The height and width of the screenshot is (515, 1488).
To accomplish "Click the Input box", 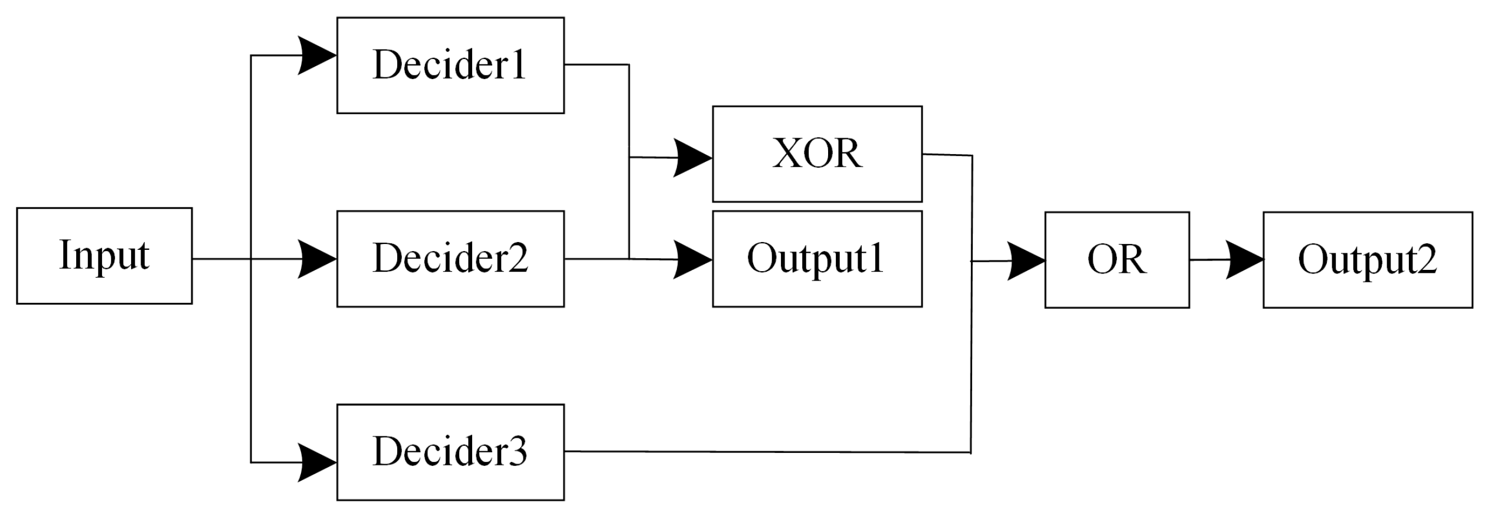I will (x=104, y=255).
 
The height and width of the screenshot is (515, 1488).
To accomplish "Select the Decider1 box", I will (x=450, y=65).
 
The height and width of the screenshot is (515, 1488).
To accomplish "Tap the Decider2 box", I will (x=450, y=259).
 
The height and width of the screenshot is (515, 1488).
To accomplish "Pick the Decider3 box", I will (x=450, y=452).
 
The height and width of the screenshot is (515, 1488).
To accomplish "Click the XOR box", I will (x=816, y=154).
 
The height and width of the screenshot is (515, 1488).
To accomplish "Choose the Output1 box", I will (x=816, y=259).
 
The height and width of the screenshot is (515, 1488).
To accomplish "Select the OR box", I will (x=1116, y=259).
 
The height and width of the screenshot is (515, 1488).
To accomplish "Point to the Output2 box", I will (x=1367, y=259).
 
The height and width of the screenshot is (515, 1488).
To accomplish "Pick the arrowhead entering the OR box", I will (x=1026, y=260).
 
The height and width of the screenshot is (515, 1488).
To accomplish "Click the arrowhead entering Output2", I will (x=1244, y=259).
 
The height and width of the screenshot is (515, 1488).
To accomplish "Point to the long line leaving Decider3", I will (x=767, y=452).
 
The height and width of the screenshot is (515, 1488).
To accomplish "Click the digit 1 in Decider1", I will (x=518, y=64).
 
